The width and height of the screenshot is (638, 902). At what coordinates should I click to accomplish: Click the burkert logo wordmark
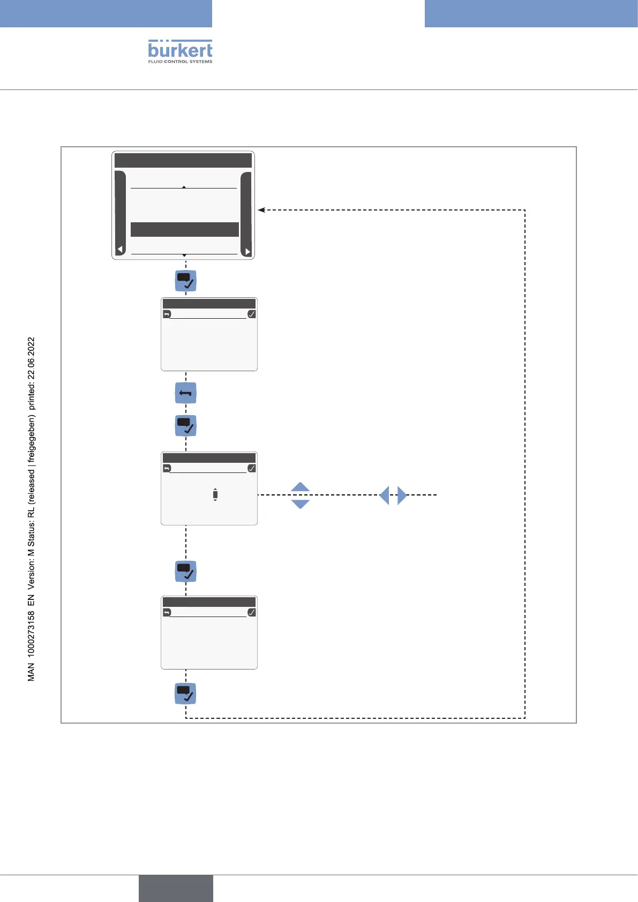click(x=180, y=50)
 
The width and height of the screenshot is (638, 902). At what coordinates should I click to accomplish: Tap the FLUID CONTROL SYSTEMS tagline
click(x=180, y=62)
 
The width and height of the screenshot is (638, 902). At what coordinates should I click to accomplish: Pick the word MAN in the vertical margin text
click(x=31, y=672)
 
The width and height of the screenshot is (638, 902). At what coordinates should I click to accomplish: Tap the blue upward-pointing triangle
click(x=301, y=487)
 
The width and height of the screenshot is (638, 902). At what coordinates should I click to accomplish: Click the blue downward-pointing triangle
click(x=301, y=504)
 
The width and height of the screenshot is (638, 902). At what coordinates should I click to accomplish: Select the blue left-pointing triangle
click(x=384, y=495)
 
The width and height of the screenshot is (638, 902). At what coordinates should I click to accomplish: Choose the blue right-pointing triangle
click(x=402, y=495)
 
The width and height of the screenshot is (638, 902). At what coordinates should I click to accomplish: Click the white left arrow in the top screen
click(x=121, y=250)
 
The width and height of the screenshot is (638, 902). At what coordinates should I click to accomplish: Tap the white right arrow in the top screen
click(x=247, y=251)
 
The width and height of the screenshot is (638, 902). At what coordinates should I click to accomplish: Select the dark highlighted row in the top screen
click(x=184, y=229)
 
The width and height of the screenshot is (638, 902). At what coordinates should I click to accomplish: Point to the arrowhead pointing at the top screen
click(x=261, y=210)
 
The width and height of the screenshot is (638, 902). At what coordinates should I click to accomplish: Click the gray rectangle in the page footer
click(x=176, y=888)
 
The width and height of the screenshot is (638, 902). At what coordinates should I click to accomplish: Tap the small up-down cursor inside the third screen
click(x=215, y=495)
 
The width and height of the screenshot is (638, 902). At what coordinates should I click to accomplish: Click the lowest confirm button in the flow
click(x=186, y=694)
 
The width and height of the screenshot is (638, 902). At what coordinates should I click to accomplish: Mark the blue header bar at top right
click(x=531, y=13)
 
